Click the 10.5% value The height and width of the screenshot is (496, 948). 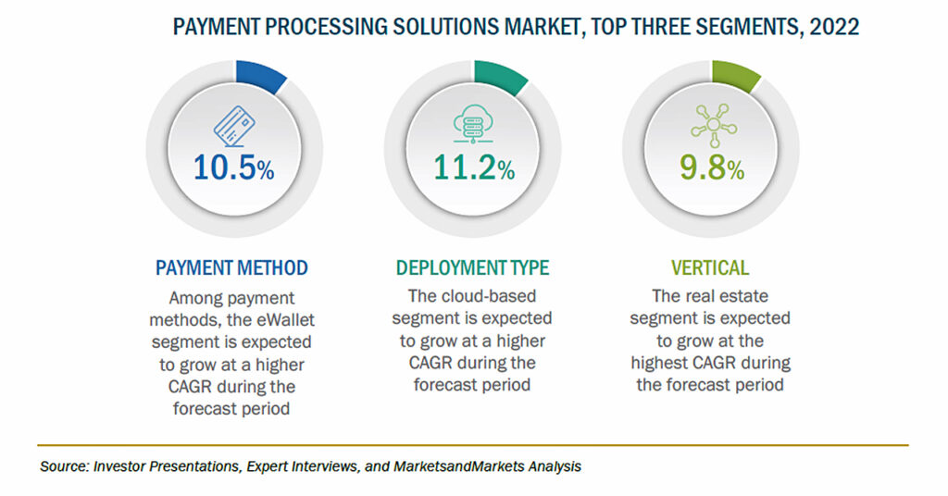[x=233, y=167]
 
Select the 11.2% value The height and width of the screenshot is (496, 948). [x=473, y=167]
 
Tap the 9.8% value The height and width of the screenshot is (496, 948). [x=712, y=167]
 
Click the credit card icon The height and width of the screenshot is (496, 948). [x=234, y=126]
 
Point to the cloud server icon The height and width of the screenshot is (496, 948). [x=473, y=124]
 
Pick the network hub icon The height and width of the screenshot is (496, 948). [x=714, y=125]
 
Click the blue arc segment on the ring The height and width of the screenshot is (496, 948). [x=261, y=75]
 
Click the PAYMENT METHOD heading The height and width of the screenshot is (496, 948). [x=231, y=267]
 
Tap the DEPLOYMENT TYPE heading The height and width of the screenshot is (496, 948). [x=472, y=267]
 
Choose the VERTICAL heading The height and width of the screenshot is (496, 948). [x=710, y=267]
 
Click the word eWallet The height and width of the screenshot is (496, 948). [x=285, y=319]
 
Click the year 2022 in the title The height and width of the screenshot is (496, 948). [x=834, y=27]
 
